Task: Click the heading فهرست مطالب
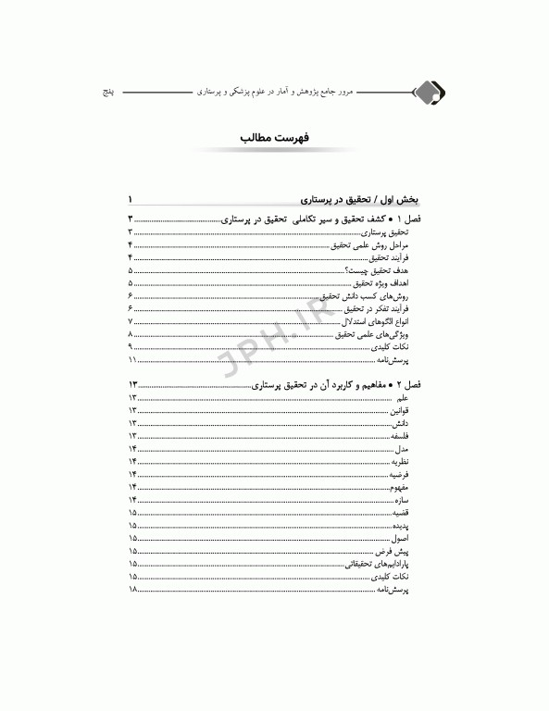click(x=274, y=139)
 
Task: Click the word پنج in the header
click(x=106, y=94)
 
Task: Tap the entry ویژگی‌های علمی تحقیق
click(x=384, y=333)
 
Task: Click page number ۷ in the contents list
click(x=131, y=320)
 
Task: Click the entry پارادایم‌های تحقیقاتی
click(x=388, y=563)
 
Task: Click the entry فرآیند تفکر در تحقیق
click(x=383, y=307)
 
